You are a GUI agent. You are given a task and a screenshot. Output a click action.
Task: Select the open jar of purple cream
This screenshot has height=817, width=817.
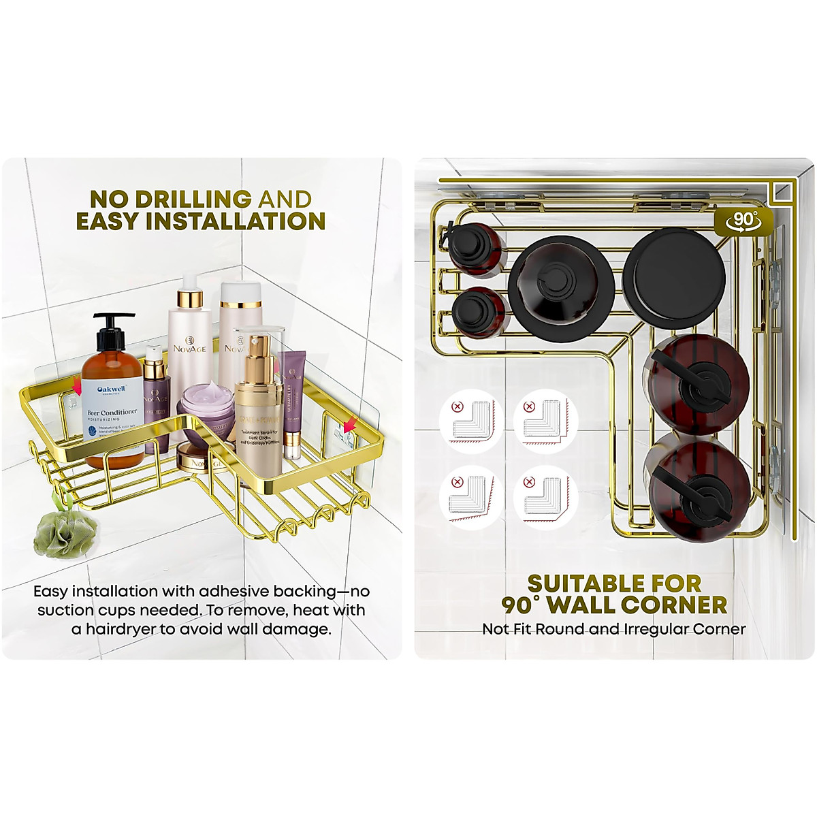pyautogui.click(x=205, y=408)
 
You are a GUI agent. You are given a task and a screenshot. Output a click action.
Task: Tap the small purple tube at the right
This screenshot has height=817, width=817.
pyautogui.click(x=293, y=402)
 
